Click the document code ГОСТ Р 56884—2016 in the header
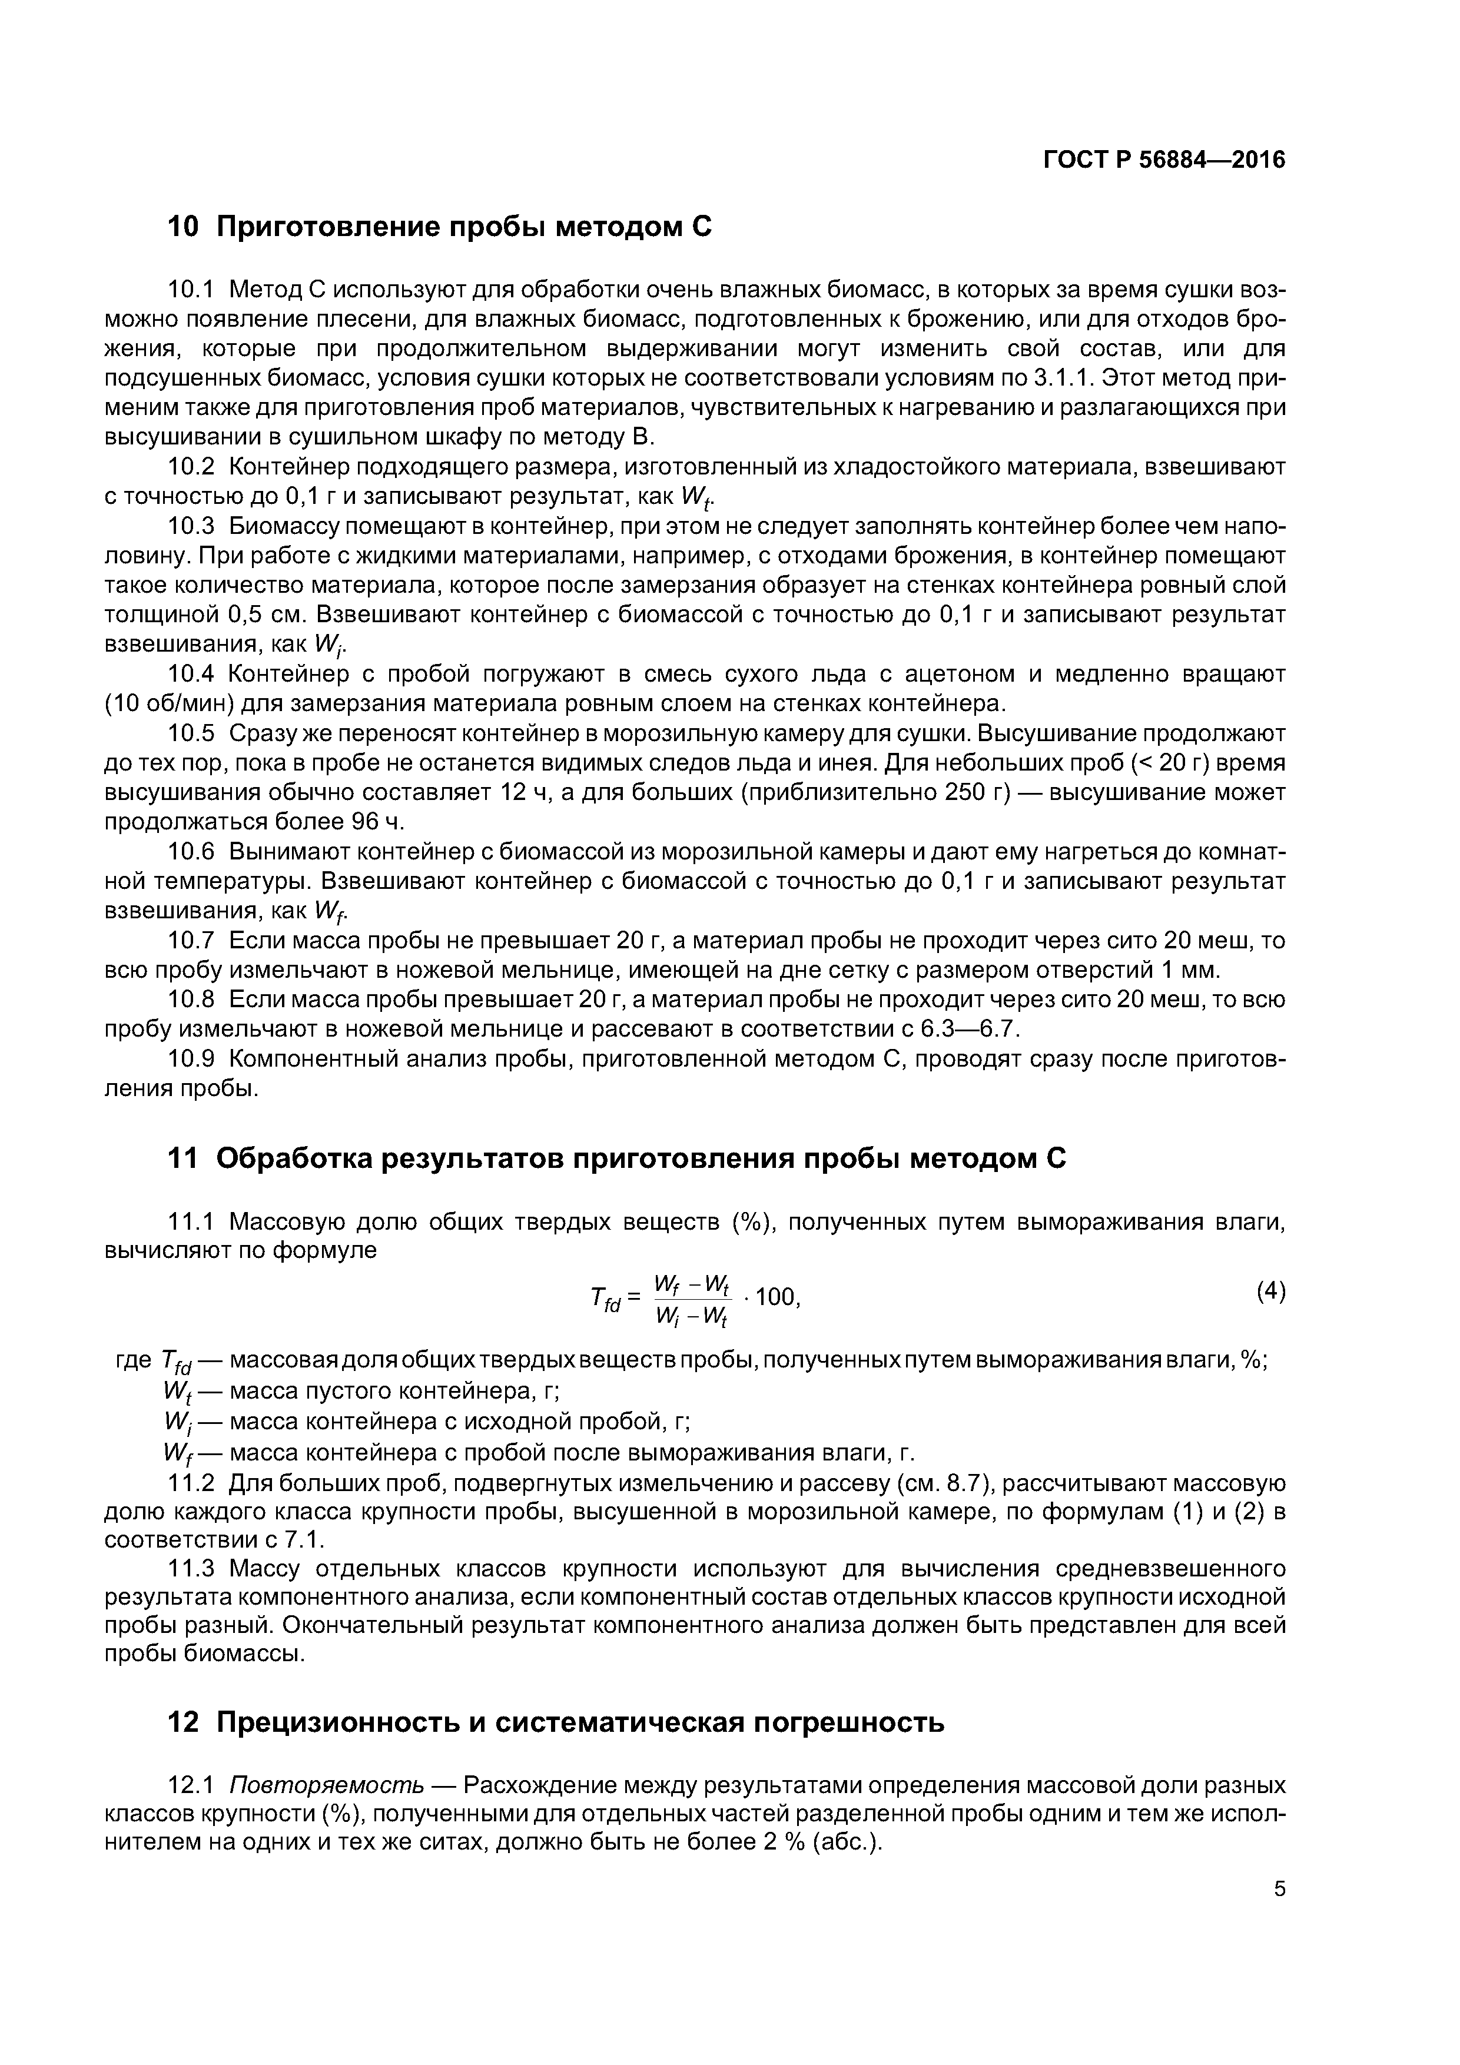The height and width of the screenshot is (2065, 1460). pos(1164,161)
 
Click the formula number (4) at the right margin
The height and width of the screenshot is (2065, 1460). pos(1270,1293)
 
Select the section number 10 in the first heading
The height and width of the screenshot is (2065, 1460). pos(184,228)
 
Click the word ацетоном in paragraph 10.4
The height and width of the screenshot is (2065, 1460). pos(960,675)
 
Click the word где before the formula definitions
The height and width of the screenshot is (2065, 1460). pos(134,1360)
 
